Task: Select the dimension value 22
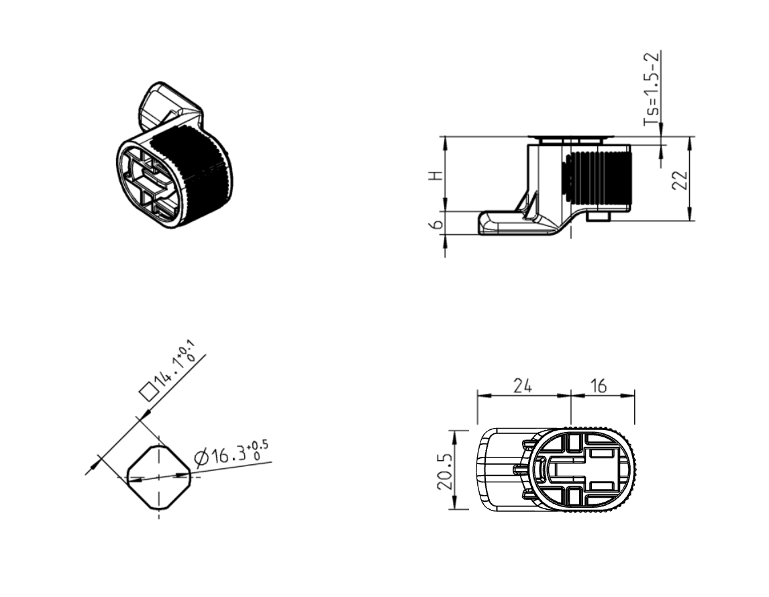pyautogui.click(x=680, y=179)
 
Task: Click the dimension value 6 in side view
pyautogui.click(x=438, y=223)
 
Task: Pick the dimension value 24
pyautogui.click(x=523, y=386)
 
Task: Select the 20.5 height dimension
pyautogui.click(x=444, y=470)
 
